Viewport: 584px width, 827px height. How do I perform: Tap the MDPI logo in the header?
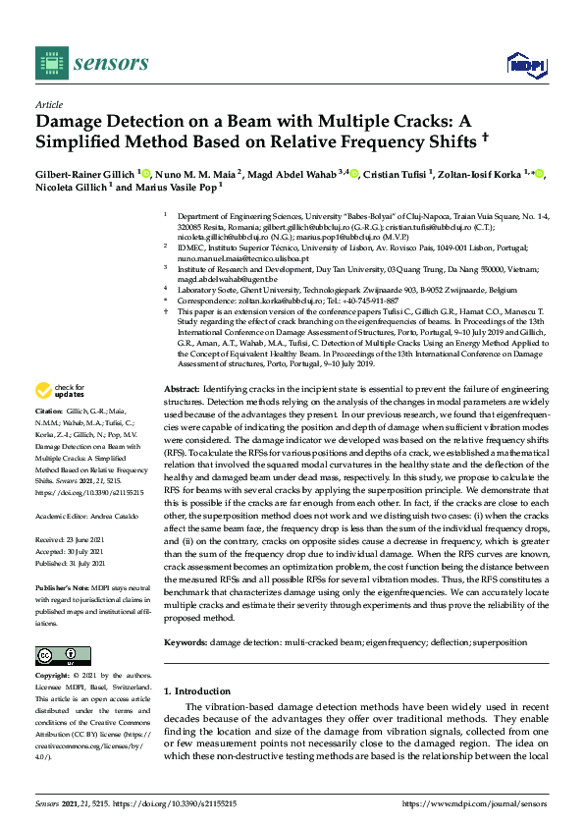[x=523, y=65]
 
